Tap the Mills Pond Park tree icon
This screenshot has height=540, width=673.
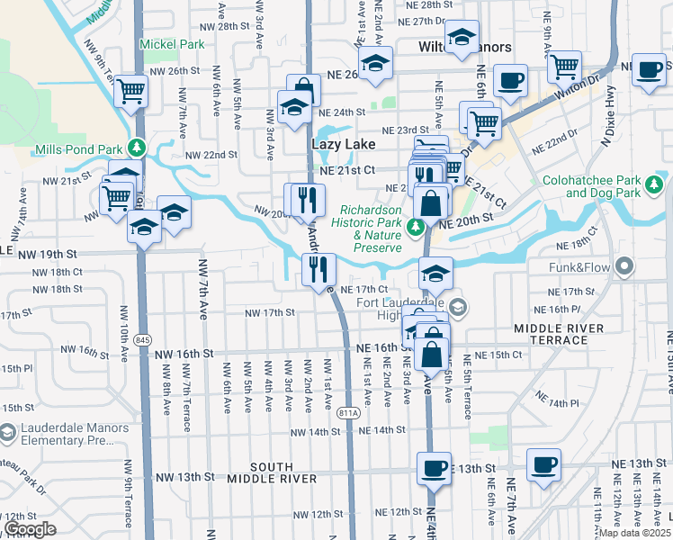[x=137, y=148]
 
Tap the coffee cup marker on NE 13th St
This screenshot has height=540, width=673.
[x=434, y=467]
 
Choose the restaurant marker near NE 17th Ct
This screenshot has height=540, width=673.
[x=318, y=268]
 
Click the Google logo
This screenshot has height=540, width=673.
[x=30, y=529]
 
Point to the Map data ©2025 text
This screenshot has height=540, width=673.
[x=634, y=533]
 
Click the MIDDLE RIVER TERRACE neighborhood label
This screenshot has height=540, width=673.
[x=559, y=335]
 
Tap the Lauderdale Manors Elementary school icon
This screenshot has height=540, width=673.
[x=7, y=434]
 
